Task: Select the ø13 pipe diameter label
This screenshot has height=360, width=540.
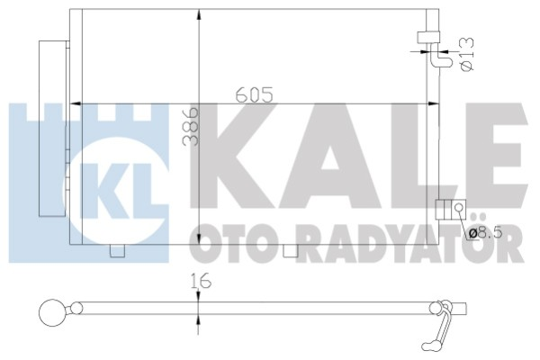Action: (x=465, y=53)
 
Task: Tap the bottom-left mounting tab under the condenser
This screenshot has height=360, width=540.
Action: (x=114, y=251)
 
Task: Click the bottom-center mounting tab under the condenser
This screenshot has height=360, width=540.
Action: (x=290, y=251)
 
